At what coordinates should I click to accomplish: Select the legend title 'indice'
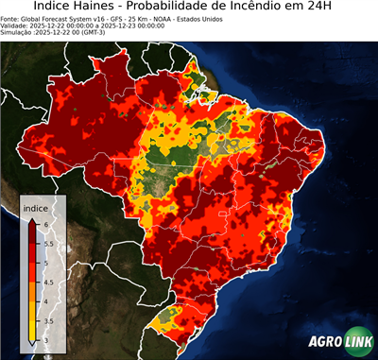coord(35,207)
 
